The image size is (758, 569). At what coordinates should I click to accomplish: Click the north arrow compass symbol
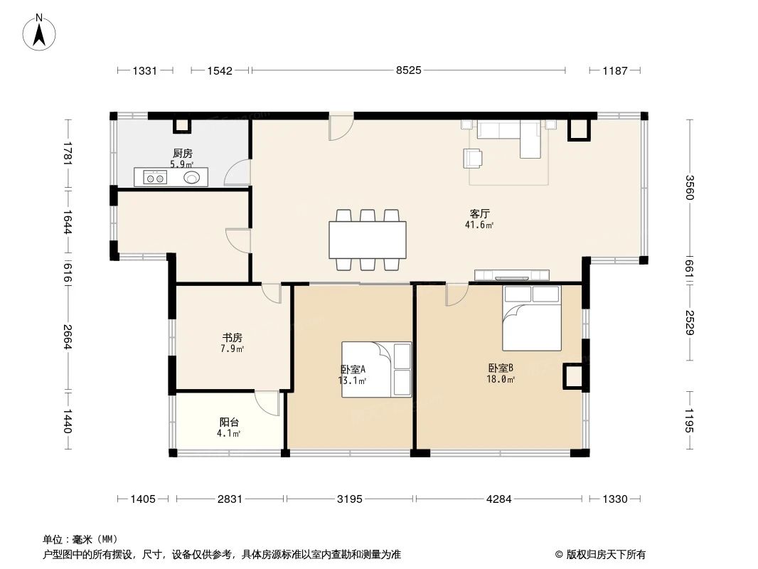pyautogui.click(x=41, y=32)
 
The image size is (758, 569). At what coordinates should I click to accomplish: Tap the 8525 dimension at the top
pyautogui.click(x=408, y=70)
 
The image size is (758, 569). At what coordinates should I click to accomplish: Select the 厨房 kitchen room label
pyautogui.click(x=182, y=153)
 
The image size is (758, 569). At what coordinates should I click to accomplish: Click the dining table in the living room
pyautogui.click(x=368, y=240)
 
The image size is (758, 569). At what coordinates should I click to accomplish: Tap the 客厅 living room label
pyautogui.click(x=480, y=213)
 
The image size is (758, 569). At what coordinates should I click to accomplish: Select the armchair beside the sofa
pyautogui.click(x=473, y=157)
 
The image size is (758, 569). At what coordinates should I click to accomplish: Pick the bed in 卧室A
pyautogui.click(x=376, y=368)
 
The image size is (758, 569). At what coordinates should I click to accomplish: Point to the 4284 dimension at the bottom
pyautogui.click(x=499, y=499)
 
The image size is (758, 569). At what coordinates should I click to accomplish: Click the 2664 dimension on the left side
pyautogui.click(x=68, y=336)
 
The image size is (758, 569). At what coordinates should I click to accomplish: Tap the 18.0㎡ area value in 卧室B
pyautogui.click(x=501, y=380)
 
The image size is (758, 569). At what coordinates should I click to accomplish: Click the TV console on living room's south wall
pyautogui.click(x=512, y=275)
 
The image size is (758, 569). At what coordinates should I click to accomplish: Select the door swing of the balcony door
pyautogui.click(x=268, y=403)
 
